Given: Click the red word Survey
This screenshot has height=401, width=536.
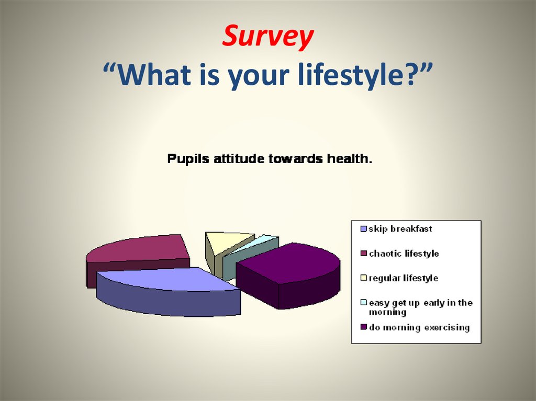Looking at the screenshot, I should pos(268,37).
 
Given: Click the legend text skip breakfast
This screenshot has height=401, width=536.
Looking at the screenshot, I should pos(400,229).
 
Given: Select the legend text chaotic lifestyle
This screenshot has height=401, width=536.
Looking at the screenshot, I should pos(404,254).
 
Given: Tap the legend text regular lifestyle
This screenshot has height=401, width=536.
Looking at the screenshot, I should pos(403,278).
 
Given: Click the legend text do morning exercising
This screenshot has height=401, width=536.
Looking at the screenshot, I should pos(419,328).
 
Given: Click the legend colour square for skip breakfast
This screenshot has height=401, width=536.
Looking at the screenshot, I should pos(363,229).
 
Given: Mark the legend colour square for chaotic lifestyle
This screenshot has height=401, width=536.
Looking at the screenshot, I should pos(363,254).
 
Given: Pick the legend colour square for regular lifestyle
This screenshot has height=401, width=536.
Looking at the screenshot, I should pos(363,278).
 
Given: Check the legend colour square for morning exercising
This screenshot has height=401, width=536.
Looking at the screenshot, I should pos(363,328).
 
